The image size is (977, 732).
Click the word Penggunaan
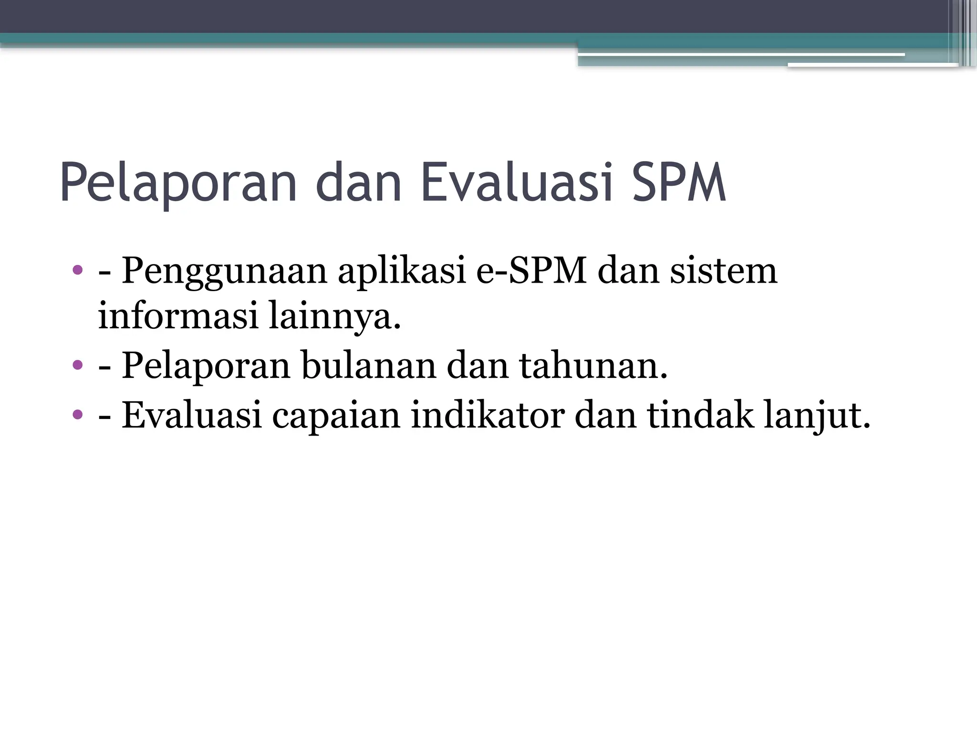[224, 272]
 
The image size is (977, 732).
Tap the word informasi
[178, 315]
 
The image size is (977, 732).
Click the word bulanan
[369, 366]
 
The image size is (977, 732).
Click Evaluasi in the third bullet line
[192, 415]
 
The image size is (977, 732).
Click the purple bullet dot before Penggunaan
[77, 271]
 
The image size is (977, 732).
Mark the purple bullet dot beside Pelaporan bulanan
[77, 366]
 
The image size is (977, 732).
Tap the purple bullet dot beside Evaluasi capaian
[77, 414]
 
